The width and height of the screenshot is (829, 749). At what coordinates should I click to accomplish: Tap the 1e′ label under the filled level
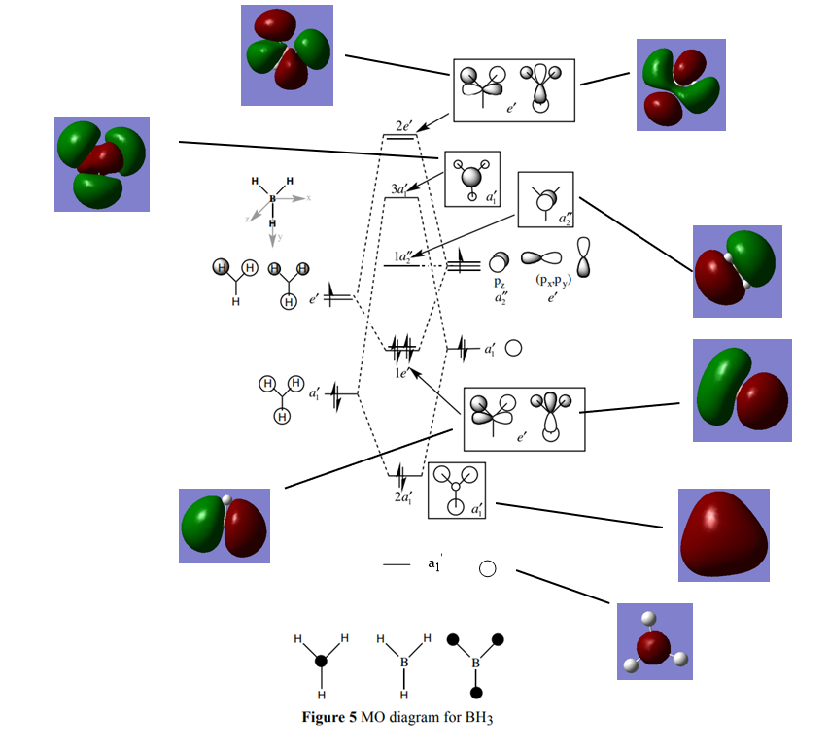pos(402,373)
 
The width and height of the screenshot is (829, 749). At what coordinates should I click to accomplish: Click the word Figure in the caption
pos(328,719)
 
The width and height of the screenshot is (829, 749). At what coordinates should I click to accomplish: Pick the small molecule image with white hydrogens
pos(655,641)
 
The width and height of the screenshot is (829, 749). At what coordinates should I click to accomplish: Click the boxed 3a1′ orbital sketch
pos(471,179)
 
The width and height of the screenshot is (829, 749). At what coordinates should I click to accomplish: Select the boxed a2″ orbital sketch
pos(547,201)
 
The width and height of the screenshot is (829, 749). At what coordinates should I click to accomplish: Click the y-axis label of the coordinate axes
pos(278,237)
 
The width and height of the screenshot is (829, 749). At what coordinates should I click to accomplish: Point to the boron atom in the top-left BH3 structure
pos(272,199)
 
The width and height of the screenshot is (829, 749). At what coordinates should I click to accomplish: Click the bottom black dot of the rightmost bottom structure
pos(476,693)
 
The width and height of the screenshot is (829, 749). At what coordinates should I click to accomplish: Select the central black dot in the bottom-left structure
pos(321,662)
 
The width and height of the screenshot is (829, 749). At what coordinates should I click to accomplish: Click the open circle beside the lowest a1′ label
pos(488,569)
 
